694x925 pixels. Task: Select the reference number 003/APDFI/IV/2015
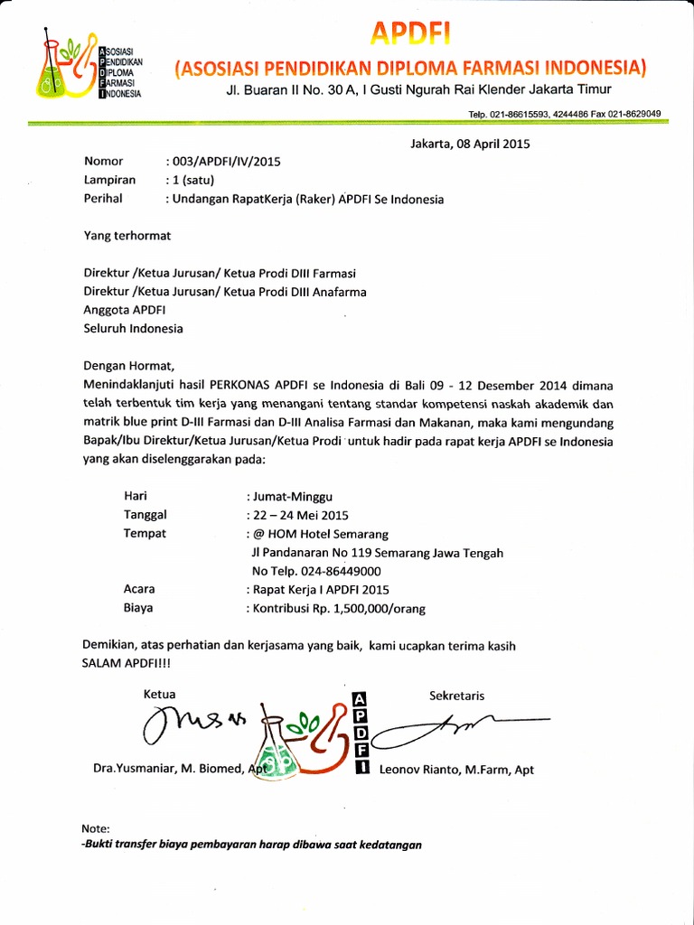225,162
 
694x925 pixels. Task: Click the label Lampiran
109,181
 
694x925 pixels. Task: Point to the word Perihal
102,199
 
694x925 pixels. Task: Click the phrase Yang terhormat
127,236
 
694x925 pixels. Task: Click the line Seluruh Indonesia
133,328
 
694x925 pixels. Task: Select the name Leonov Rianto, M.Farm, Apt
457,770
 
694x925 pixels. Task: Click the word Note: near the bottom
96,828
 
